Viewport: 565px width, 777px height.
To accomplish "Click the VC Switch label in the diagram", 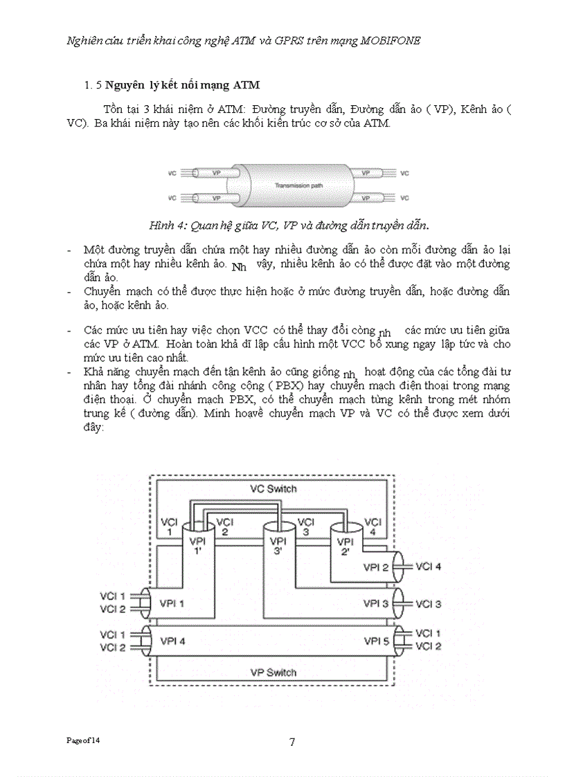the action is [273, 488].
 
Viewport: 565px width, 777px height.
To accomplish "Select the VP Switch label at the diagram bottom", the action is [273, 672].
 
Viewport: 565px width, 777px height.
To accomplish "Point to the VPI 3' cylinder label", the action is [278, 546].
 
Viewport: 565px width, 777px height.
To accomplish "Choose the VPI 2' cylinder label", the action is [344, 546].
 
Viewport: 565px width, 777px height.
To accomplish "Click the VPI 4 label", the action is [172, 640].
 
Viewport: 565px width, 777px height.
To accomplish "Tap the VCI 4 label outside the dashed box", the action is [429, 566].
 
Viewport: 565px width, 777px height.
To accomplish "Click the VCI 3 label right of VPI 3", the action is [429, 603].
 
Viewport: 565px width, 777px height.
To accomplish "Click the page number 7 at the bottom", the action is [292, 742].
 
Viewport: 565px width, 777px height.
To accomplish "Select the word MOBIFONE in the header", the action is [391, 40].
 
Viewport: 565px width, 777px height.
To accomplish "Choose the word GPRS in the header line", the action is [298, 40].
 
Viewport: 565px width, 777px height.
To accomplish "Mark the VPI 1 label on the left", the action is [172, 603].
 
